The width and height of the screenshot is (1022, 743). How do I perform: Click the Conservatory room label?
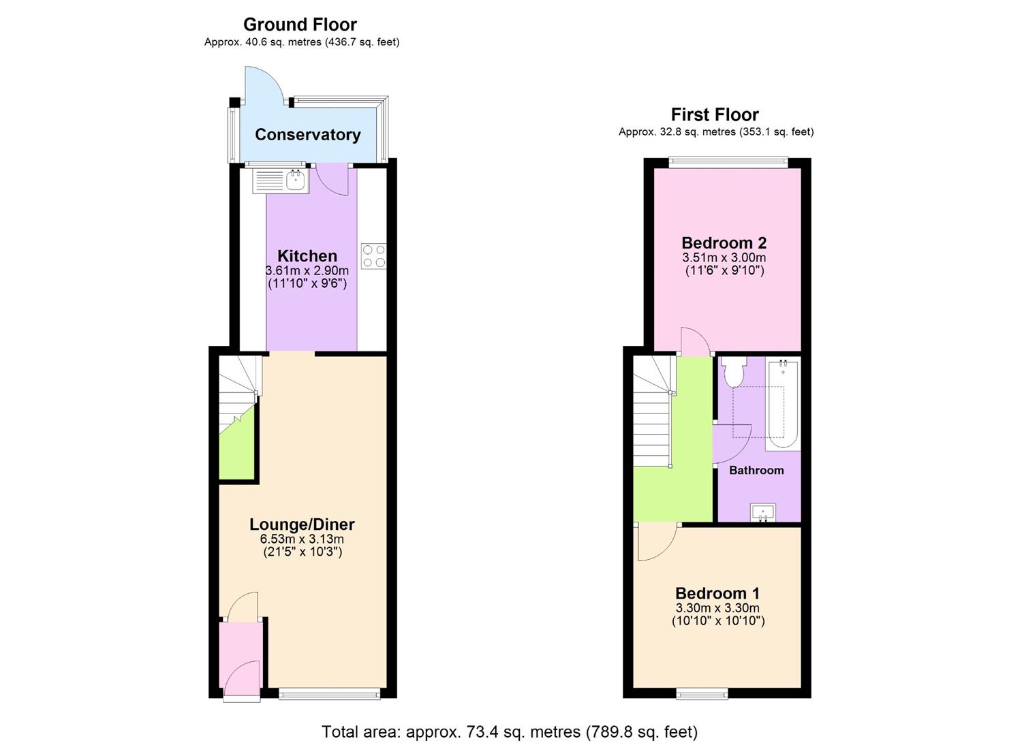pos(307,135)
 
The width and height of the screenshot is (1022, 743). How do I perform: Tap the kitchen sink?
pos(295,180)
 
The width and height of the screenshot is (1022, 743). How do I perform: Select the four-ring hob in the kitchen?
pos(373,256)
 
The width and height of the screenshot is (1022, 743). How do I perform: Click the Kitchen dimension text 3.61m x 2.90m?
pos(307,271)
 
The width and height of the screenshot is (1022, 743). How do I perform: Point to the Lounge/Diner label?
pos(302,524)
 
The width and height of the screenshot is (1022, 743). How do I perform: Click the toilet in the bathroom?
pos(734,372)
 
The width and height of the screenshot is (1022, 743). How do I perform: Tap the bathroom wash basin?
pos(763,512)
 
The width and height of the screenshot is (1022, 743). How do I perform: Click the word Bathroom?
pos(756,471)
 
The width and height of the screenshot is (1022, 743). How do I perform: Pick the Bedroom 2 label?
pos(724,243)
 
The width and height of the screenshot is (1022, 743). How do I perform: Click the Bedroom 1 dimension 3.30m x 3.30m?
pos(717,608)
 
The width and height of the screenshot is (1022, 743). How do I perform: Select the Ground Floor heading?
pos(300,25)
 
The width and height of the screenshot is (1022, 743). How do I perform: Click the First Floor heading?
pos(715,114)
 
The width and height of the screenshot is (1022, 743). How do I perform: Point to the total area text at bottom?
pos(509,732)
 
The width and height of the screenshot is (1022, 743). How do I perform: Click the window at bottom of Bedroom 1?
pos(702,693)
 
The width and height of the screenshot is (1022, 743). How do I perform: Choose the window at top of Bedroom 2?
pos(728,162)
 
